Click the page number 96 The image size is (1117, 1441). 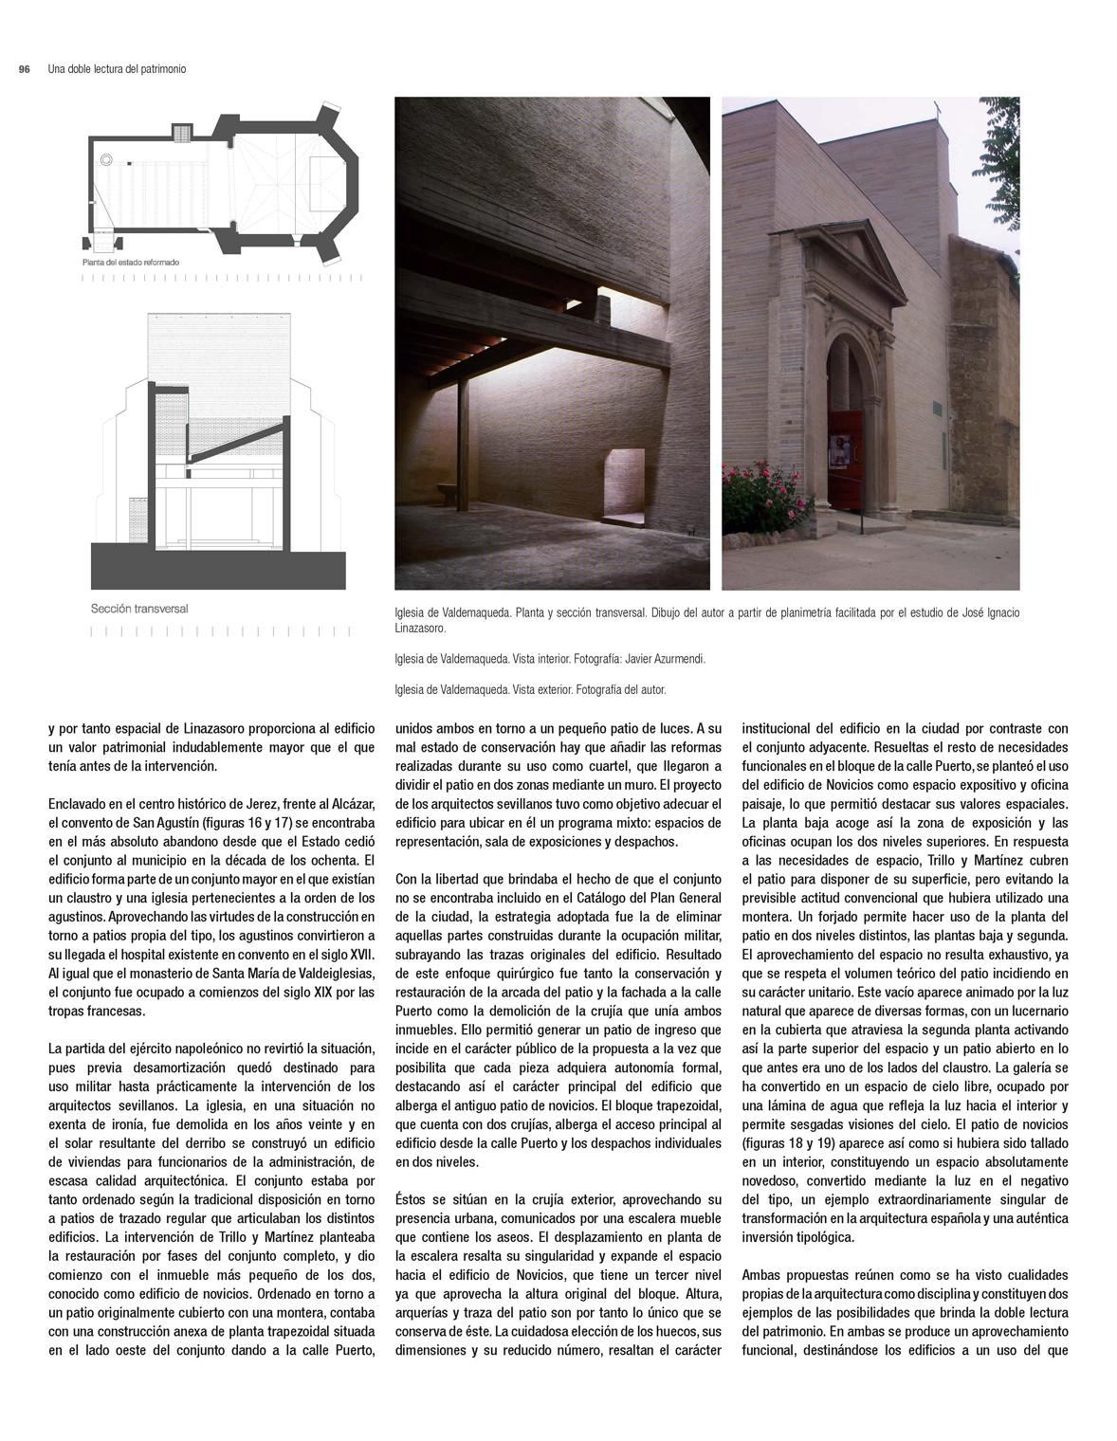click(25, 69)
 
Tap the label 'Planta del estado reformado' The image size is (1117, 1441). click(130, 262)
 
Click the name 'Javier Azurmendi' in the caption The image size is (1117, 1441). click(669, 658)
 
